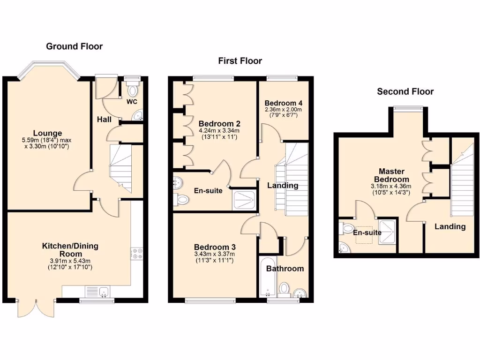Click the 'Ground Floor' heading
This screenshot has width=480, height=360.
(74, 46)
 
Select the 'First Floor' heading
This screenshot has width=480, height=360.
(240, 61)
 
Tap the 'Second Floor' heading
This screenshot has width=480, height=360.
(405, 91)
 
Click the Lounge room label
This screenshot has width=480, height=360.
(47, 133)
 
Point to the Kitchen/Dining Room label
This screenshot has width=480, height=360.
(70, 249)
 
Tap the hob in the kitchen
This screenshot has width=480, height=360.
(137, 254)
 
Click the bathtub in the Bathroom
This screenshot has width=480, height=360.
(266, 277)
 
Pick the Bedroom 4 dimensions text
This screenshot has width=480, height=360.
(284, 113)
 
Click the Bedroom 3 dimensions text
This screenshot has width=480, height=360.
(215, 257)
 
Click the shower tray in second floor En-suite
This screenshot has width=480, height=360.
(387, 231)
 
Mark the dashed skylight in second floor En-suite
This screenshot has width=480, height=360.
(365, 237)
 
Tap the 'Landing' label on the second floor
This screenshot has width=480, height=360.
(450, 226)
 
